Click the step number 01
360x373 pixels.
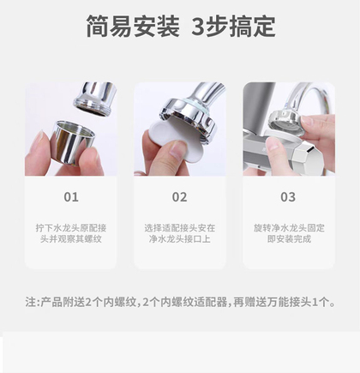tap(71, 197)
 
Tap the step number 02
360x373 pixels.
tap(179, 197)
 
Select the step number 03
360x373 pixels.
tap(288, 197)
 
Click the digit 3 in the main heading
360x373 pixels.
tap(198, 26)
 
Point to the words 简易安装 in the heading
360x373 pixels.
tap(133, 26)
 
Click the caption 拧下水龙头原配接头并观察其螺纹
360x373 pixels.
tap(71, 233)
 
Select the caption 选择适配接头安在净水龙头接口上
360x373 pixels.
tap(179, 233)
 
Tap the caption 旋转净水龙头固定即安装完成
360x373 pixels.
tap(289, 233)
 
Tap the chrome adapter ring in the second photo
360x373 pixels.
tap(189, 117)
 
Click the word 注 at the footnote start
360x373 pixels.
tap(30, 302)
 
